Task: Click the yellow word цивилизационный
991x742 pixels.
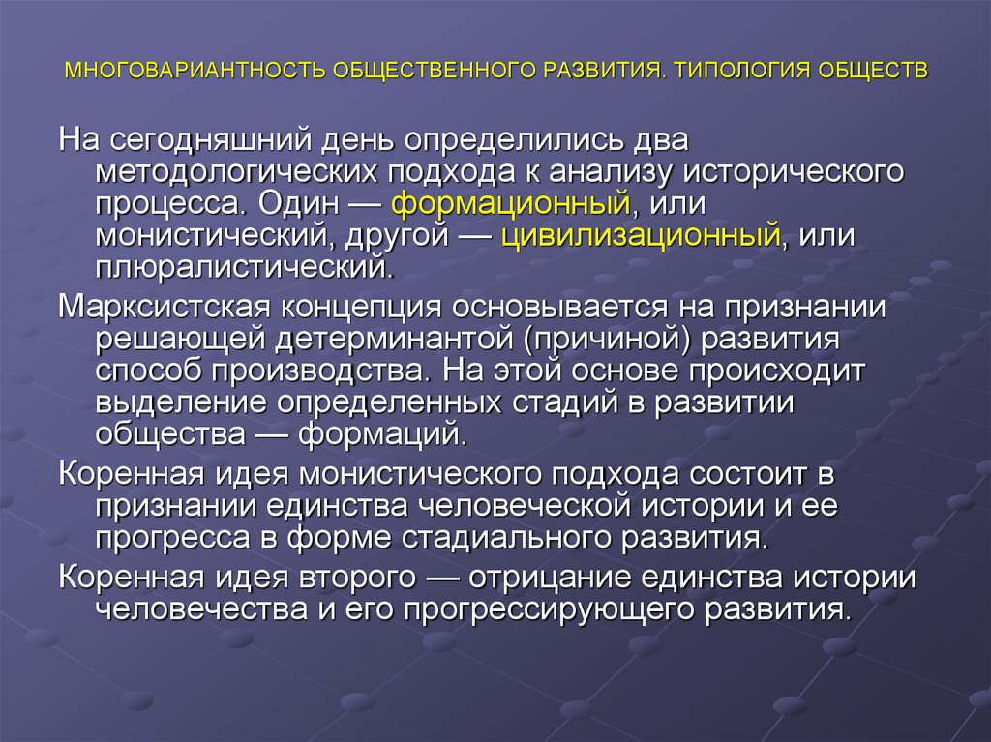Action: point(641,236)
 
